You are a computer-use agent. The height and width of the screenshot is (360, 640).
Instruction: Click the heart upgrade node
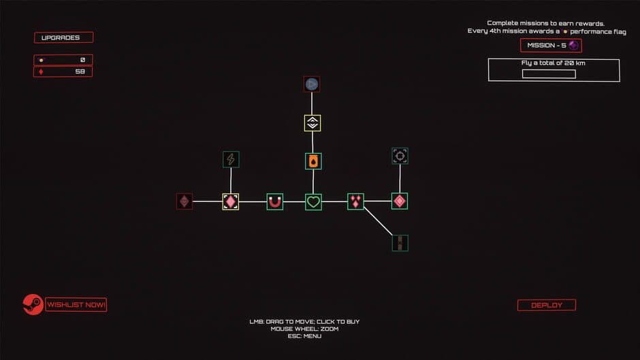(313, 201)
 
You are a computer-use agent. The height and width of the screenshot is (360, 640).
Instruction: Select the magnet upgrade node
(274, 201)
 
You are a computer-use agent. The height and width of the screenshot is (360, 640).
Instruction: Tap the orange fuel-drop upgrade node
(313, 161)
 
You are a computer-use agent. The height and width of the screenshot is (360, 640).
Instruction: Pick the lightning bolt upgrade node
(231, 159)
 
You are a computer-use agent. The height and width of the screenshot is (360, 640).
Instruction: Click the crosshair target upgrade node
(400, 156)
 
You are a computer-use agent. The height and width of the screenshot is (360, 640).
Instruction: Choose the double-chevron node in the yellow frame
(313, 123)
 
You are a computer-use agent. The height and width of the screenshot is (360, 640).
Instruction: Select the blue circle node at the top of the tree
(312, 84)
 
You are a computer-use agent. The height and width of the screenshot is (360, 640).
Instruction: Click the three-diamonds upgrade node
(355, 201)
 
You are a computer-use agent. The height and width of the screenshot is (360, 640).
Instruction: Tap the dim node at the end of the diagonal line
(400, 242)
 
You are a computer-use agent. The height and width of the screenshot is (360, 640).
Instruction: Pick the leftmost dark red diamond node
(184, 201)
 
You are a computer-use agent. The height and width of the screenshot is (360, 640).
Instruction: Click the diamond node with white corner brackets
(231, 201)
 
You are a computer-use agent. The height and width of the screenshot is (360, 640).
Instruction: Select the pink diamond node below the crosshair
(400, 201)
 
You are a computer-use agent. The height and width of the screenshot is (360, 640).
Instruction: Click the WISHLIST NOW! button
(76, 305)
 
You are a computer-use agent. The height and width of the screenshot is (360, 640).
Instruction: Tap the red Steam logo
(33, 304)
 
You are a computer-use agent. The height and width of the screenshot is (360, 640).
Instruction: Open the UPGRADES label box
(63, 37)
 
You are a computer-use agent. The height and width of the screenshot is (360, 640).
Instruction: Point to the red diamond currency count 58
(63, 71)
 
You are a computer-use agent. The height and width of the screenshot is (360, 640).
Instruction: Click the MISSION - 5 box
(551, 46)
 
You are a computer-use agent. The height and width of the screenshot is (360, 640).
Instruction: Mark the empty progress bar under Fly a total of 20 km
(549, 74)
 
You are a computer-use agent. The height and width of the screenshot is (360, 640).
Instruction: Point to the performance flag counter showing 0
(63, 60)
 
